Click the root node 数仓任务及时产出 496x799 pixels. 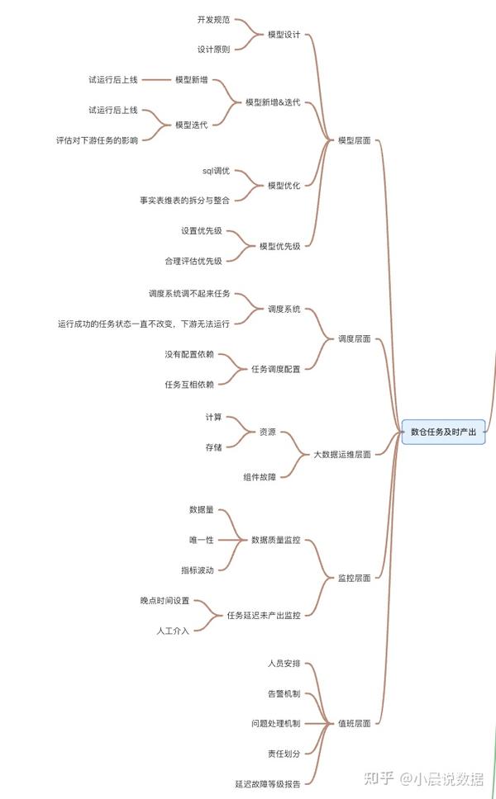444,432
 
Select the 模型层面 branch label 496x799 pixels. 355,141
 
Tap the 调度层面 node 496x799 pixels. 355,339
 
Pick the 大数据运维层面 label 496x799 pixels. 342,454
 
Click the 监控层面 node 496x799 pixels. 355,578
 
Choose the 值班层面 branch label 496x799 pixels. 355,723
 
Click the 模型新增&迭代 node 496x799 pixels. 273,102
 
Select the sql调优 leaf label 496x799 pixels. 217,170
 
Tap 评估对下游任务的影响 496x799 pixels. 97,140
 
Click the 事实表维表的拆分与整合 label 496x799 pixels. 184,200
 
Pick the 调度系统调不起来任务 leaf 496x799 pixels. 189,294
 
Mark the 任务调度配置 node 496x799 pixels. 276,369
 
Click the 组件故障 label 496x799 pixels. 260,477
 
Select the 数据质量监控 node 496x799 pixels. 276,540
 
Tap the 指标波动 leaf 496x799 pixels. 198,570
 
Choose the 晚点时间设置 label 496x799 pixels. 165,600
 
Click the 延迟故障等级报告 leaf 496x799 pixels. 268,783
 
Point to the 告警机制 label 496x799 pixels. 284,693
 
